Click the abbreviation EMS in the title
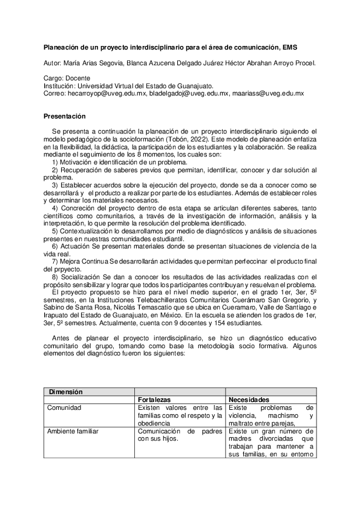pos(289,47)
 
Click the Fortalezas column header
pos(155,400)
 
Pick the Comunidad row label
pos(65,407)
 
